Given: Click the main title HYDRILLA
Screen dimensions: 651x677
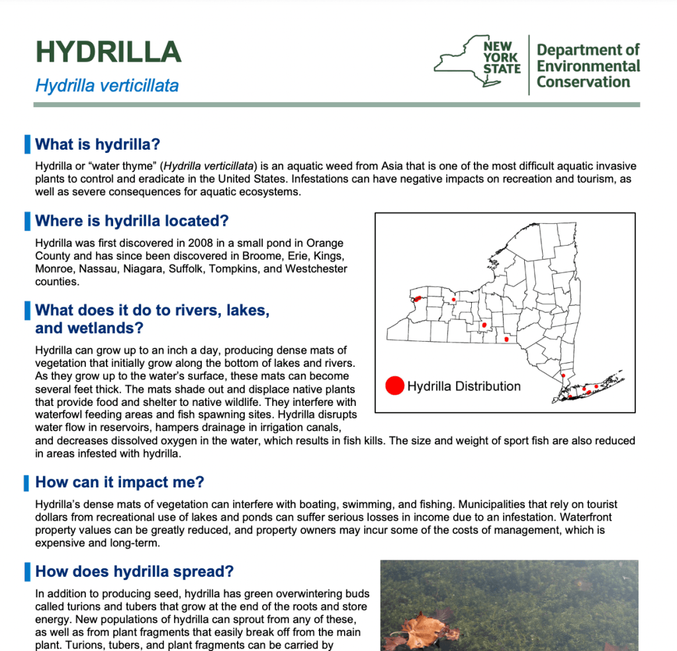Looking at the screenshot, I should (108, 52).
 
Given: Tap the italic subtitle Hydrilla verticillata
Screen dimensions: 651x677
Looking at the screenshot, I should (107, 86).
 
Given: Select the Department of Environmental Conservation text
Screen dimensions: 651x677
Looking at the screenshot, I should (588, 66).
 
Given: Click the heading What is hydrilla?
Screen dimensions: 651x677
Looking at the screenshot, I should (98, 144).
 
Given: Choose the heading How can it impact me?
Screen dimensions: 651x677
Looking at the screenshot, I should (120, 481).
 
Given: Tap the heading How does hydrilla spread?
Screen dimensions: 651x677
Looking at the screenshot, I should (134, 572).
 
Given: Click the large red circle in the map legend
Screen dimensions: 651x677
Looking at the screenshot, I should (394, 385).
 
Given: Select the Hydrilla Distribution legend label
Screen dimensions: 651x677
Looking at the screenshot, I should (463, 386).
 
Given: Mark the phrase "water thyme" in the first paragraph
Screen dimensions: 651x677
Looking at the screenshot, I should (126, 166).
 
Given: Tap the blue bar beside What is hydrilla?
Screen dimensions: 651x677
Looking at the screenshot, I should (26, 144).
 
